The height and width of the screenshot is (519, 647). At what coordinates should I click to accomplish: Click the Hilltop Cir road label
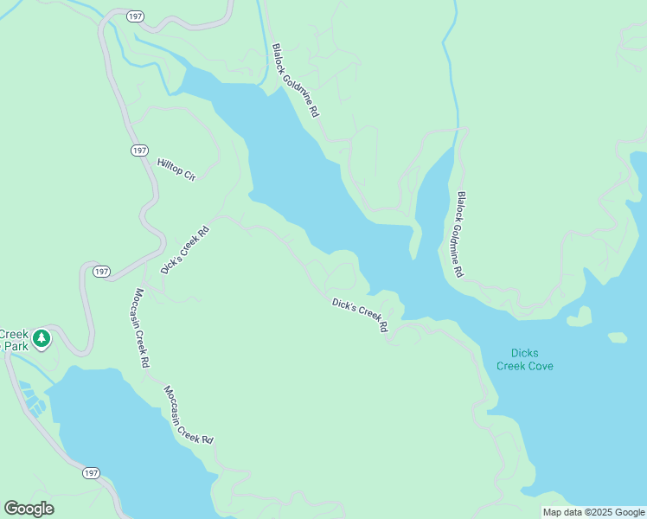click(x=177, y=170)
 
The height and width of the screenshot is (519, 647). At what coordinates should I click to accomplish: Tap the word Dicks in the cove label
click(x=524, y=353)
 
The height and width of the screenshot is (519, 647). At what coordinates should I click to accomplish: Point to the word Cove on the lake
click(x=537, y=366)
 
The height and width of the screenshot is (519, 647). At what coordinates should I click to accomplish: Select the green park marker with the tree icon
click(x=41, y=337)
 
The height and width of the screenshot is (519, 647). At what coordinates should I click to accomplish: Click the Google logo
click(x=29, y=509)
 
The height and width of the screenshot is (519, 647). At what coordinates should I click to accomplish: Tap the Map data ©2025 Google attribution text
click(x=593, y=512)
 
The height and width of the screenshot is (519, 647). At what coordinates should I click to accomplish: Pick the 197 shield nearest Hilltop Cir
click(x=140, y=151)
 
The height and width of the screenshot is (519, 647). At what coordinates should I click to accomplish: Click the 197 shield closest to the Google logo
click(x=91, y=473)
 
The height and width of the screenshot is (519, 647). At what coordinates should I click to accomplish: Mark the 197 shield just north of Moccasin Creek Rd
click(x=102, y=272)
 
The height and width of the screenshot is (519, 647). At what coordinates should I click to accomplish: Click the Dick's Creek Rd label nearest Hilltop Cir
click(x=185, y=250)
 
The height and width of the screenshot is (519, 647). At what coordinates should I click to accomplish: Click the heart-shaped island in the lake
click(x=579, y=317)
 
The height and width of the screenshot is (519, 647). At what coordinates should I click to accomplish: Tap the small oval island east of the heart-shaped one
click(x=618, y=336)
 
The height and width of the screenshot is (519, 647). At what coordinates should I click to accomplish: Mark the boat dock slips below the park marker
click(x=33, y=399)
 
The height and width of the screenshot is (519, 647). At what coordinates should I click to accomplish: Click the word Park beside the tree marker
click(x=15, y=346)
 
